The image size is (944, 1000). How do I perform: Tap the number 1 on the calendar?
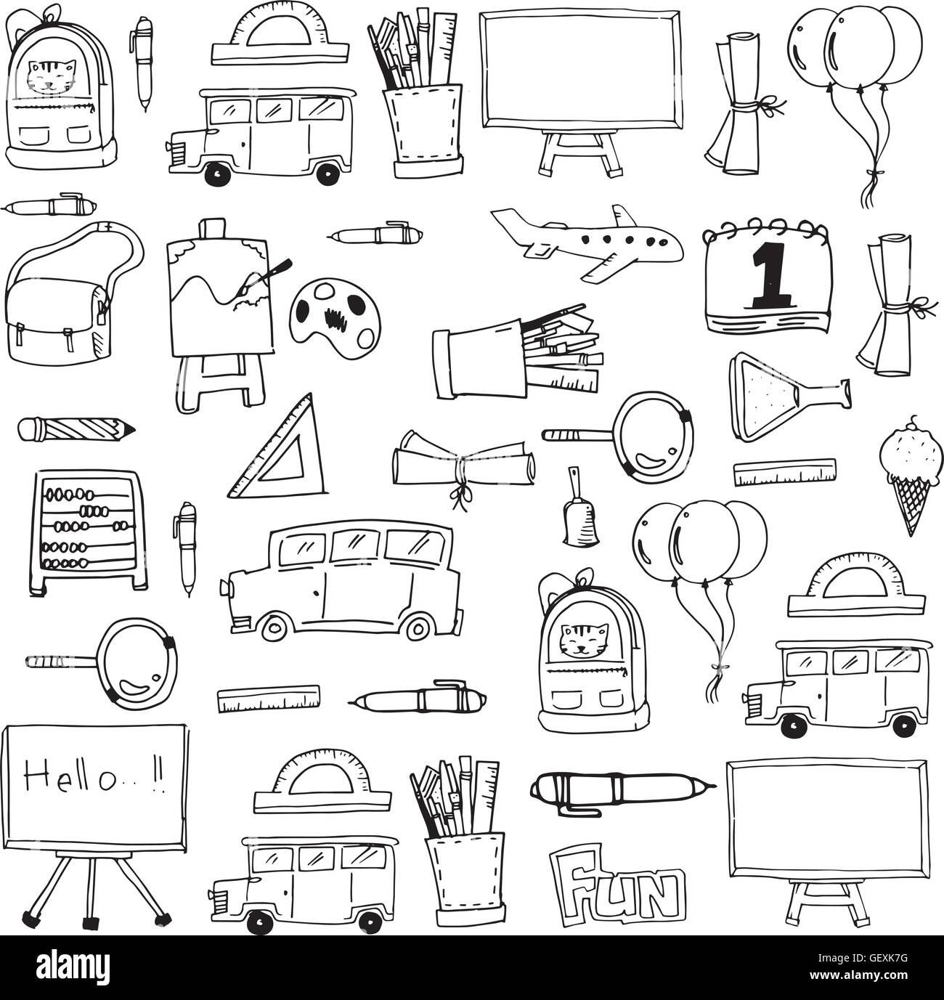point(767,275)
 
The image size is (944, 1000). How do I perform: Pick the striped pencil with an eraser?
point(76,428)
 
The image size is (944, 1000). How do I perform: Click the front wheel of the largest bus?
point(274,627)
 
